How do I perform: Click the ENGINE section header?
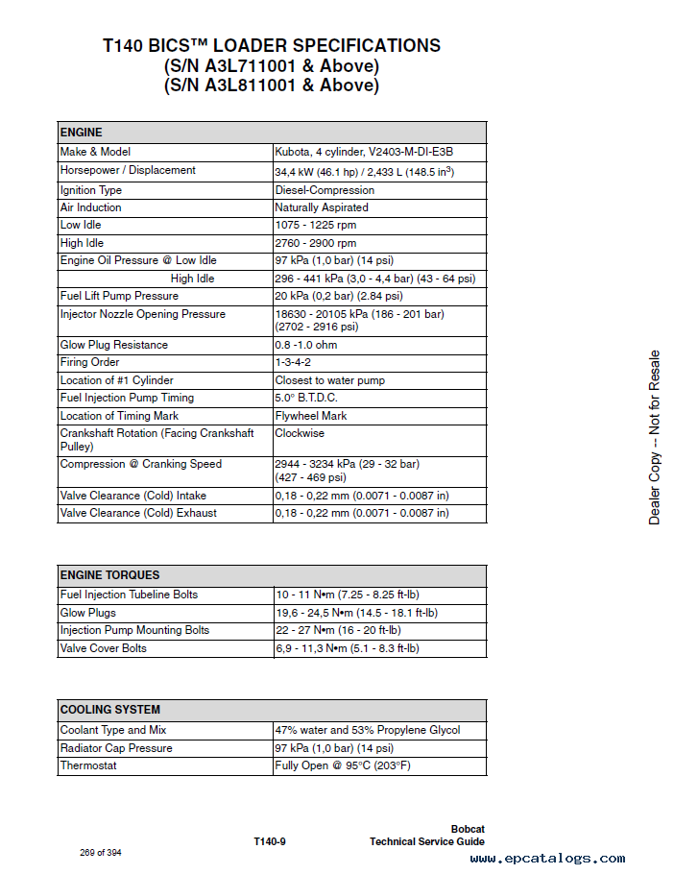pos(82,133)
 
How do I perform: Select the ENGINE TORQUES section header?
pos(110,575)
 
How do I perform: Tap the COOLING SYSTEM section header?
pos(110,710)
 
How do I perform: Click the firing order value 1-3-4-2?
pos(293,362)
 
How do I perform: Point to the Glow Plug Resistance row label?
pos(114,345)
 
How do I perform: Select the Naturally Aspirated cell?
pos(322,207)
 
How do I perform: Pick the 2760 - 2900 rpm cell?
pos(316,243)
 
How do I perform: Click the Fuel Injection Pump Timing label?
pos(127,398)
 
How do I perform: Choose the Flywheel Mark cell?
pos(311,416)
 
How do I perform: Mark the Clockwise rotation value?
pos(301,433)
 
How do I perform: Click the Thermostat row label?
pos(88,765)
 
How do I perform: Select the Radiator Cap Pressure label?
pos(116,748)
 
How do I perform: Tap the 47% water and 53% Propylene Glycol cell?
pos(368,730)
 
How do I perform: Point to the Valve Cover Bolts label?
pos(104,648)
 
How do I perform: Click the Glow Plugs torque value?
pos(356,613)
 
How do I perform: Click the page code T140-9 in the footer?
pos(270,841)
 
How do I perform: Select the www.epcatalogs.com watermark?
pos(547,859)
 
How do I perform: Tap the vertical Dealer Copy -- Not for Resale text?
pos(654,438)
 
